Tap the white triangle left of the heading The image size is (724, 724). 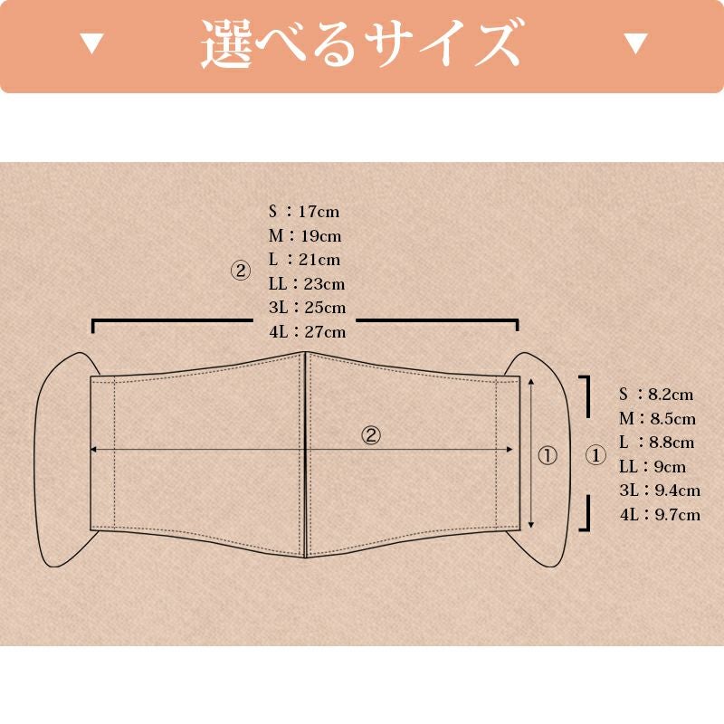click(x=92, y=43)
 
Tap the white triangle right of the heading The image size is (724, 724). click(x=636, y=43)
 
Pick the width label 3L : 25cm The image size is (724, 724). click(x=307, y=308)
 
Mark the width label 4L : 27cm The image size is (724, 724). click(x=307, y=331)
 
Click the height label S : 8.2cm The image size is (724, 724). click(x=656, y=394)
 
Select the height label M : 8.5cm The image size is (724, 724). click(x=657, y=418)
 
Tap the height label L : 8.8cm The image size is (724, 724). click(x=657, y=443)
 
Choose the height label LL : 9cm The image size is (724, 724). click(x=653, y=467)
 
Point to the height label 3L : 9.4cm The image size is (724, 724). click(x=660, y=491)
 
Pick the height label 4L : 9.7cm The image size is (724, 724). click(x=660, y=515)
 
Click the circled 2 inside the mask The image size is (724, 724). click(x=371, y=435)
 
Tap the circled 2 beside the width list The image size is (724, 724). click(x=240, y=271)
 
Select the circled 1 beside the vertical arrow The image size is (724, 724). click(x=548, y=455)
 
